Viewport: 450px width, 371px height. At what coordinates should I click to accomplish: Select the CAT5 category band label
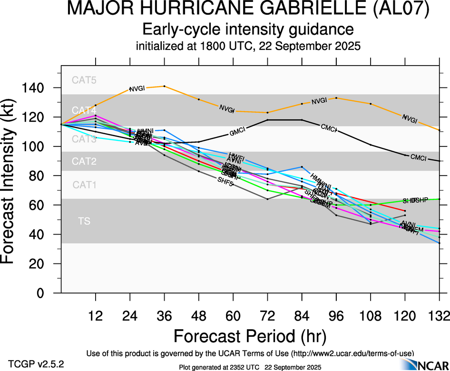[x=84, y=80]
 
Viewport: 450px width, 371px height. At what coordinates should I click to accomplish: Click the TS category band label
[x=84, y=221]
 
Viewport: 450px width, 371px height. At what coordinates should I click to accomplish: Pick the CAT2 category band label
[x=84, y=161]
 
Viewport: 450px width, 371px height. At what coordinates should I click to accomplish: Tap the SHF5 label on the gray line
[x=225, y=180]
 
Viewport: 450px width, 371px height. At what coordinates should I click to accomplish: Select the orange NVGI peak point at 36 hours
[x=165, y=86]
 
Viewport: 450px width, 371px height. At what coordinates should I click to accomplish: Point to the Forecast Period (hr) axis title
[x=250, y=336]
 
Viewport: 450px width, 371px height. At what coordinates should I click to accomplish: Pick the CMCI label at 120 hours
[x=418, y=157]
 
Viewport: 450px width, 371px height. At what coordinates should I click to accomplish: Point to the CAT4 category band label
[x=84, y=110]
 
